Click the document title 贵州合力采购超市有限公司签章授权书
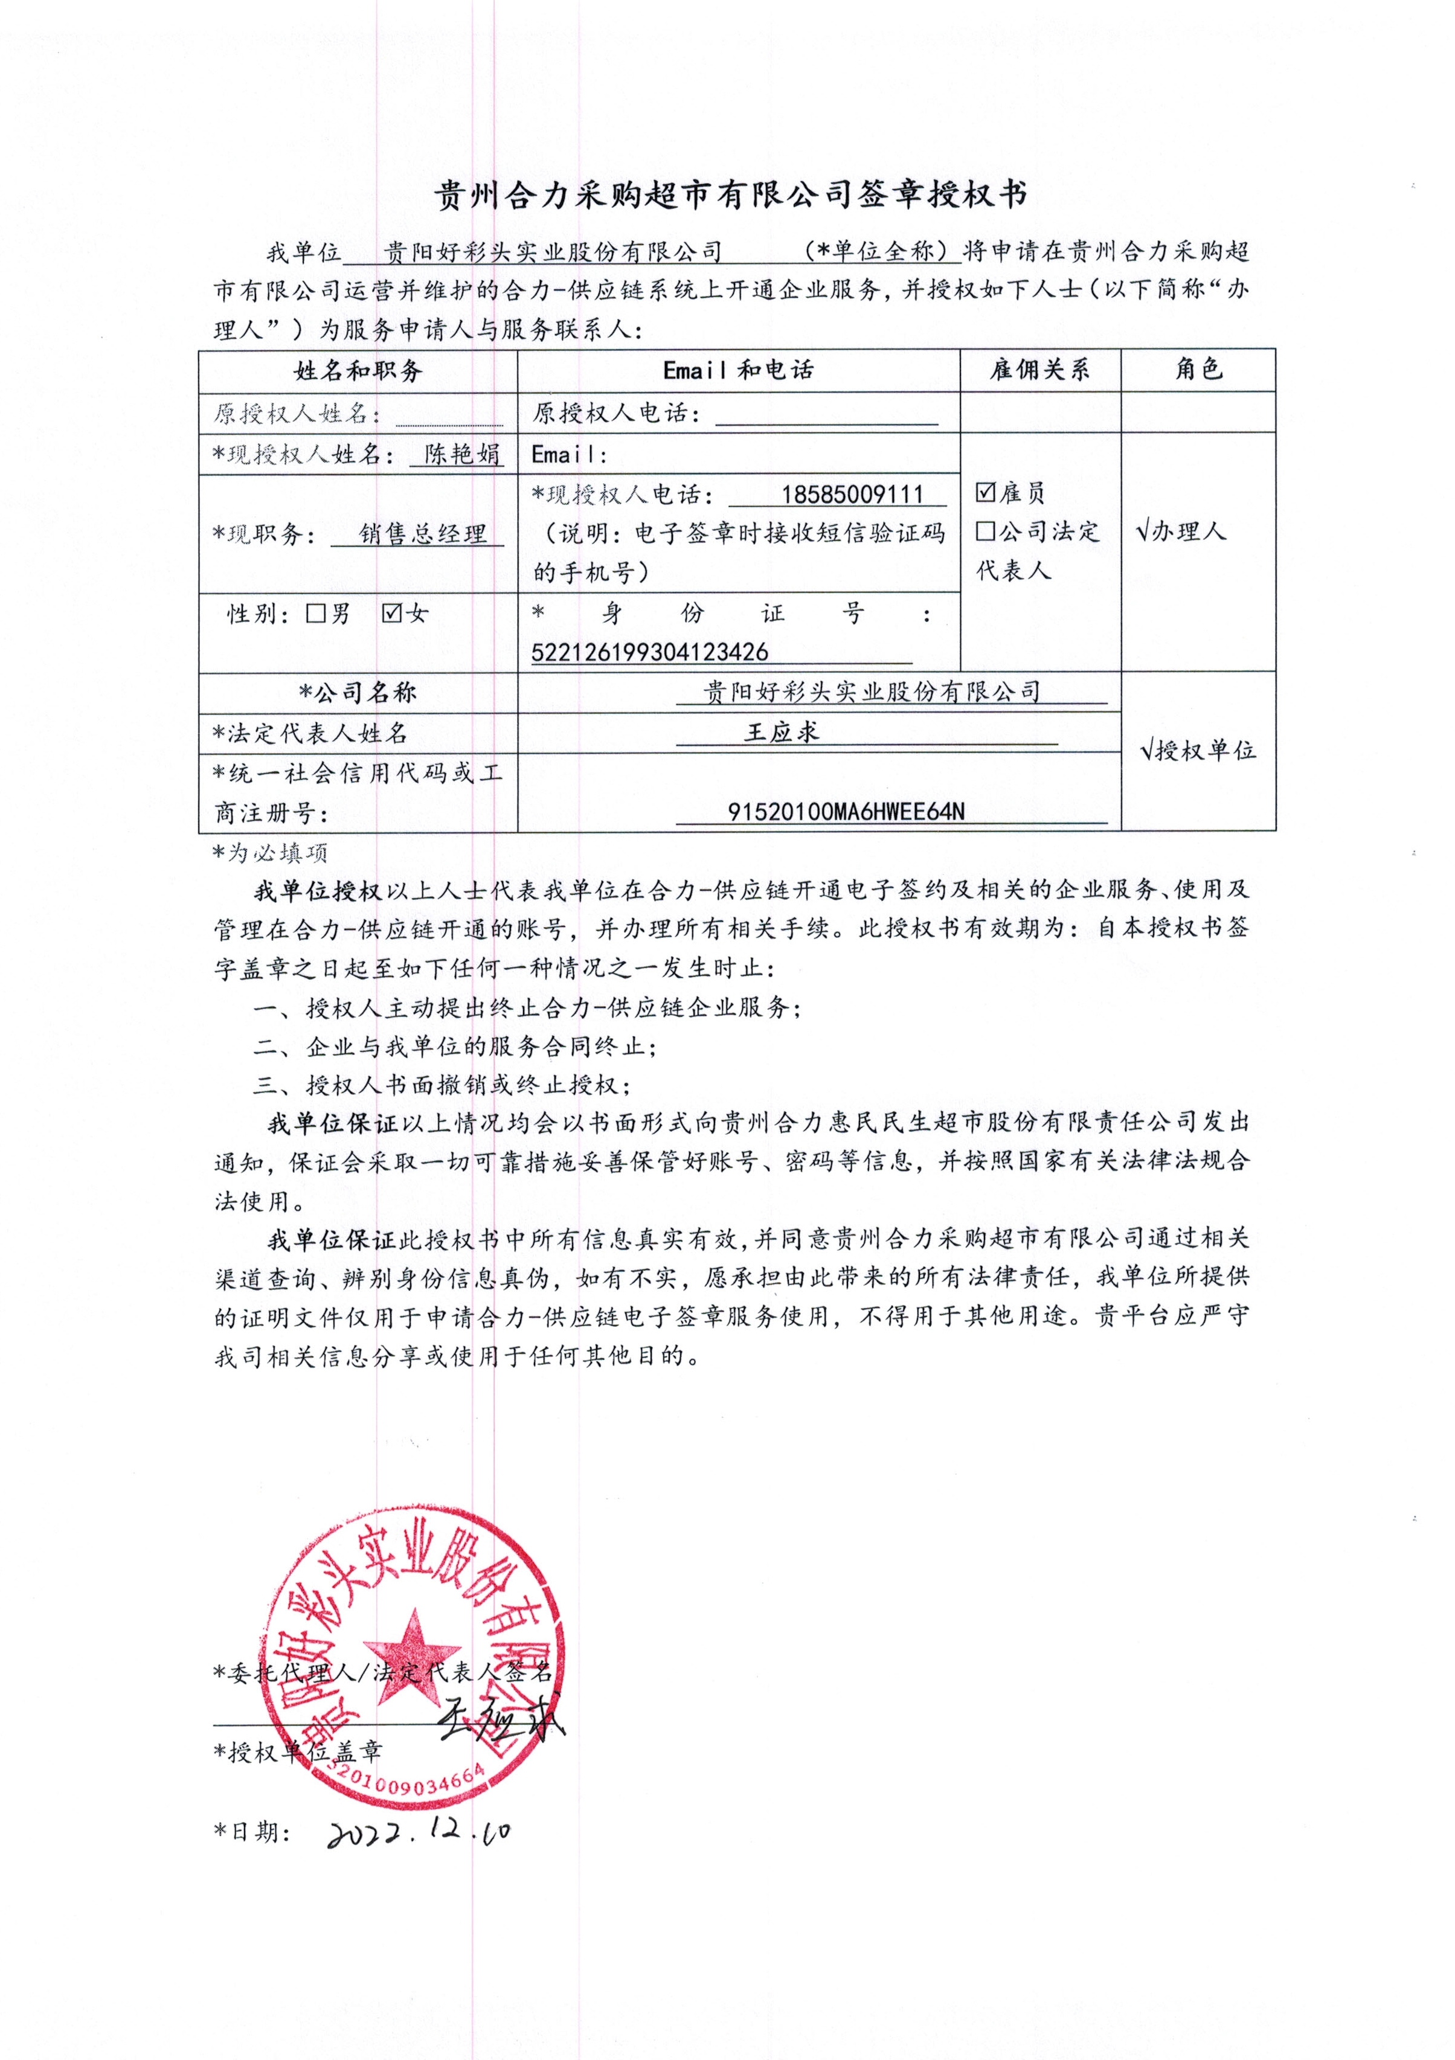point(730,194)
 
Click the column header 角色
point(1198,369)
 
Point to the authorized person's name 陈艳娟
point(462,454)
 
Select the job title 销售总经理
point(423,534)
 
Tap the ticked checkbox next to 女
point(391,614)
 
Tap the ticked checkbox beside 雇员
point(986,492)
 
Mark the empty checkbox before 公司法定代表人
point(986,531)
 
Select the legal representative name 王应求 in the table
point(782,732)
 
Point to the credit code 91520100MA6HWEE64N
point(846,812)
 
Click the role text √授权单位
point(1198,750)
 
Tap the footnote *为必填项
point(270,852)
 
